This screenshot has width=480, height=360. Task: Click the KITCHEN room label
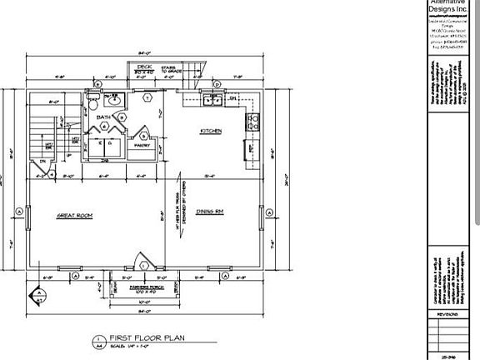pyautogui.click(x=209, y=131)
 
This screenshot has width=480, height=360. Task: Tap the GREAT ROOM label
pyautogui.click(x=74, y=216)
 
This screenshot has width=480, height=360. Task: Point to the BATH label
pyautogui.click(x=103, y=117)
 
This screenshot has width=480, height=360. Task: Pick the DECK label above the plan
pyautogui.click(x=143, y=66)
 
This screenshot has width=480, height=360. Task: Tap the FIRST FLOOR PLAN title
pyautogui.click(x=142, y=337)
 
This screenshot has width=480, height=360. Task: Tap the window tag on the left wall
pyautogui.click(x=18, y=212)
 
